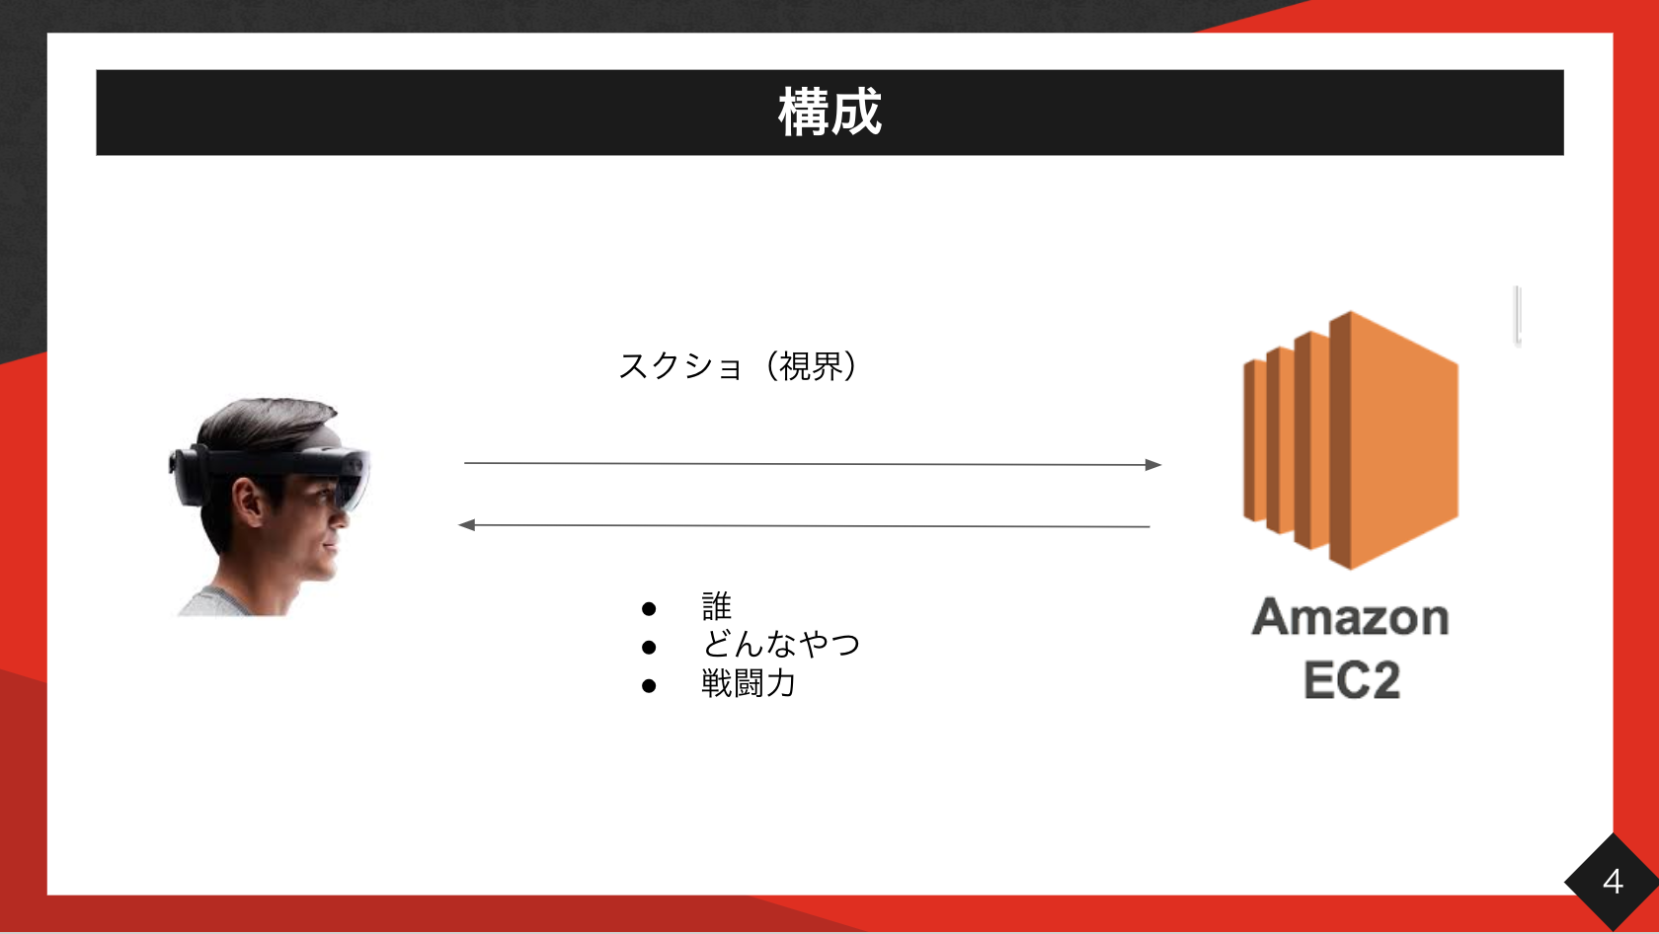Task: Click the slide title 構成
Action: tap(829, 112)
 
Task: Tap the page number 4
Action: tap(1613, 882)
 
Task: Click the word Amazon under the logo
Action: tap(1350, 617)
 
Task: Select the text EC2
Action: tap(1352, 680)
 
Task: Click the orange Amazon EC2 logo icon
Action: tap(1351, 440)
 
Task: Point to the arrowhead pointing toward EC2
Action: tap(1153, 465)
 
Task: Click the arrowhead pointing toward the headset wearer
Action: tap(466, 525)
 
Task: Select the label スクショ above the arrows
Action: tap(679, 366)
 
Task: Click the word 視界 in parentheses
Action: tap(812, 366)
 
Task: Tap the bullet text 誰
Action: tap(716, 606)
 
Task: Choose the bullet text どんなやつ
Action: tap(780, 645)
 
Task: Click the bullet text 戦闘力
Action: tap(749, 683)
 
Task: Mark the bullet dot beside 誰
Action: tap(649, 609)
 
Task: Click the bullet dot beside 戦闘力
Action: tap(649, 686)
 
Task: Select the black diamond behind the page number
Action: tap(1613, 882)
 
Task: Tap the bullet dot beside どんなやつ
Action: tap(649, 648)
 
